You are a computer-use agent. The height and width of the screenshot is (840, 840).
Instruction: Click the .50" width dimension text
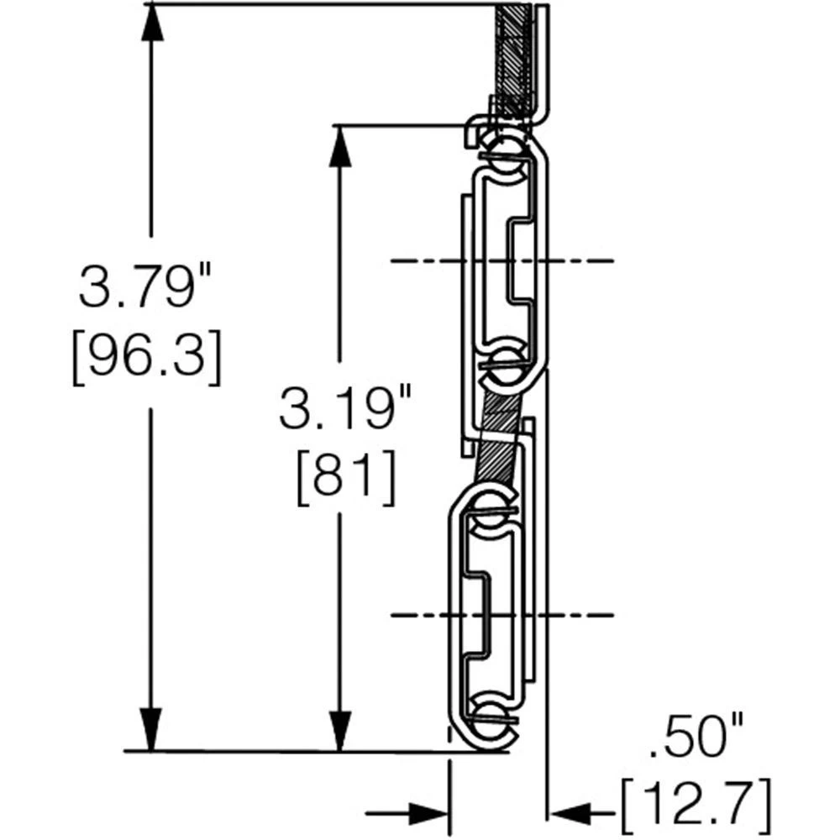click(x=697, y=743)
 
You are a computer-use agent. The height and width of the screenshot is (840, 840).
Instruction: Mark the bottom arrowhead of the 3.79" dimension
click(x=151, y=731)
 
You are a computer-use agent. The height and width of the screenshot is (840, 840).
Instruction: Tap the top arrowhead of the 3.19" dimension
click(x=339, y=146)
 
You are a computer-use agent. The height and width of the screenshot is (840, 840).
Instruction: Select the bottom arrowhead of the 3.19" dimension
click(x=339, y=731)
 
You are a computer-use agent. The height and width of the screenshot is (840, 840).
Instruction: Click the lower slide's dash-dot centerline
click(x=504, y=615)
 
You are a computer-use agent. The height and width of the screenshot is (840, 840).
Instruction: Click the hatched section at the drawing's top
click(x=513, y=59)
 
